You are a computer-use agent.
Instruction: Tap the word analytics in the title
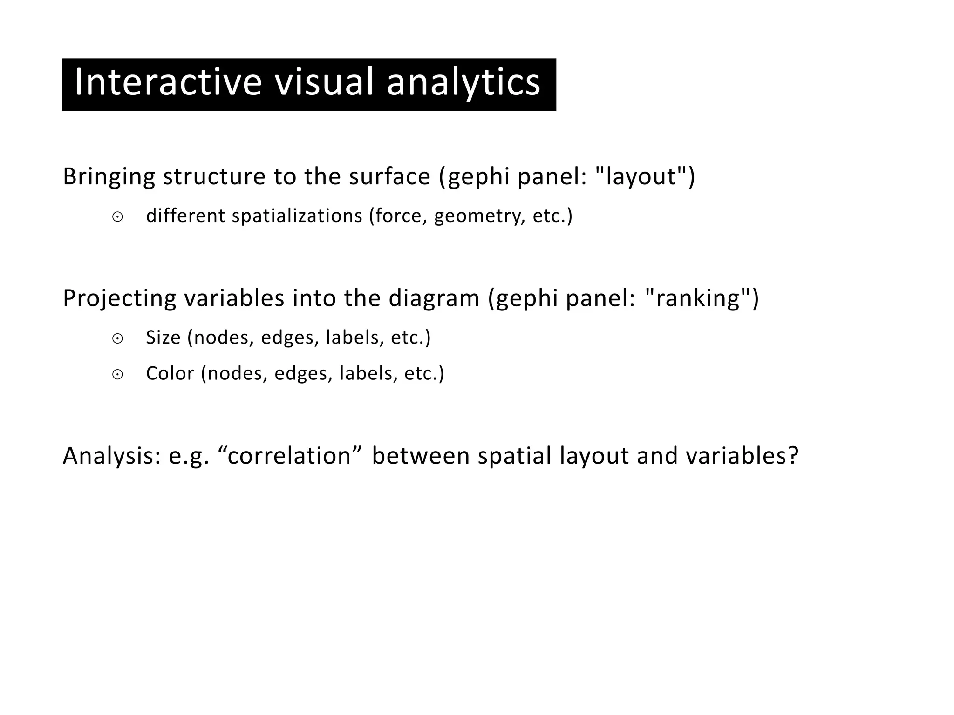click(463, 83)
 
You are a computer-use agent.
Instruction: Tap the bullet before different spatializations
click(117, 217)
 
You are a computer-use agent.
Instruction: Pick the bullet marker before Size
click(117, 339)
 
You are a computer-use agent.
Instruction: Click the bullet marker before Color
click(117, 375)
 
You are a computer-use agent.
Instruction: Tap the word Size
click(163, 337)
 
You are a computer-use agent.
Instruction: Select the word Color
click(170, 373)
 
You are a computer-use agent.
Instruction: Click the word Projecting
click(119, 299)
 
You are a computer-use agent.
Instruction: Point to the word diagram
click(434, 299)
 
